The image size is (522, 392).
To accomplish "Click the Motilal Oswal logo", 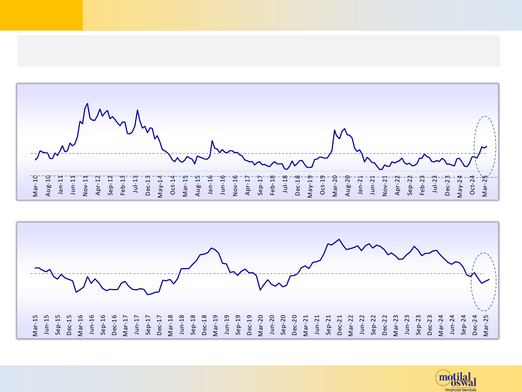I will pos(456,379).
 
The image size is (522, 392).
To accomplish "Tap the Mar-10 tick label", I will pos(35,186).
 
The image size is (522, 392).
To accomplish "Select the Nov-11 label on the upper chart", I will pos(86,186).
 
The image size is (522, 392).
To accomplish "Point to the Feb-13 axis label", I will pos(123,186).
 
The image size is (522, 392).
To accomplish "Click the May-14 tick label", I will pos(161,186).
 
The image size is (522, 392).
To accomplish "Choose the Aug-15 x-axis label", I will pos(198,186).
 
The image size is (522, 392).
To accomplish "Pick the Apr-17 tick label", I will pos(248,186).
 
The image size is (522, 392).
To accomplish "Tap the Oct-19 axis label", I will pos(323,186).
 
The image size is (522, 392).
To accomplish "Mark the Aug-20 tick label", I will pos(348,186).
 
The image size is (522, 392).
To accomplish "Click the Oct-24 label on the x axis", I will pos(473,186).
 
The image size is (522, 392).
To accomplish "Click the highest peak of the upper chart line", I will pos(87,103).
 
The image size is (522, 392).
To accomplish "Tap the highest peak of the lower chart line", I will pos(339,239).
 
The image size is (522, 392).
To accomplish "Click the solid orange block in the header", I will pos(41,15).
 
